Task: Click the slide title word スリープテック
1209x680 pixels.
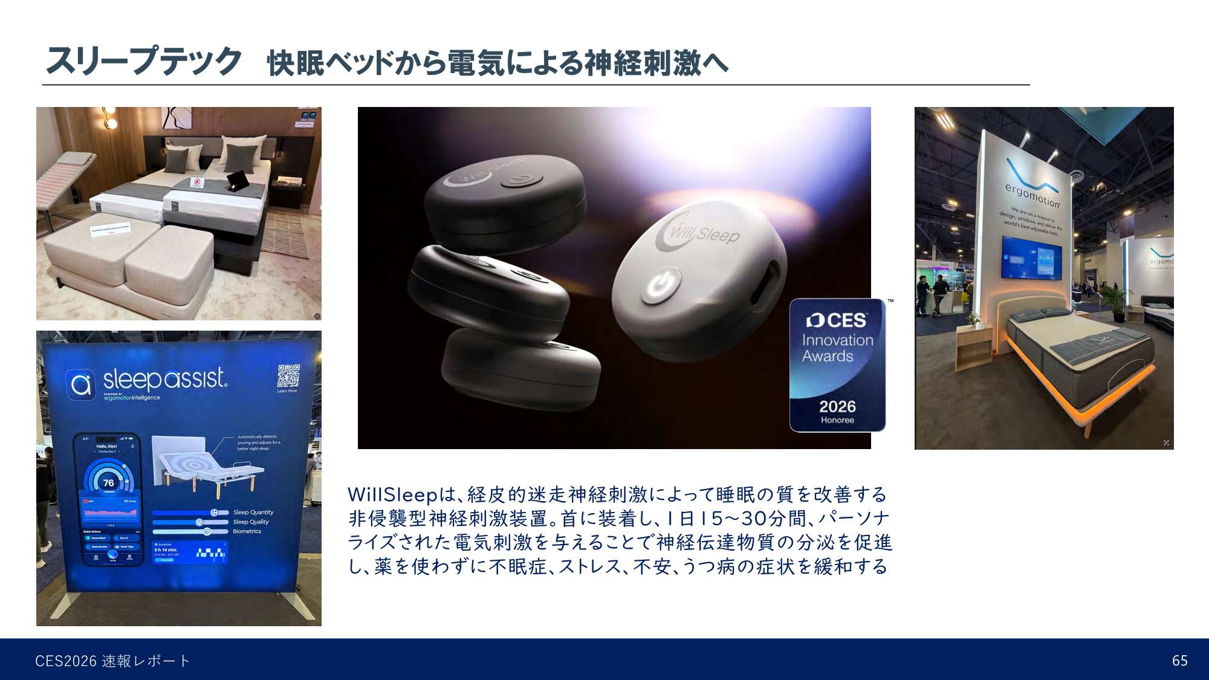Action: tap(144, 61)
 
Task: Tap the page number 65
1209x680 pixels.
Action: tap(1179, 661)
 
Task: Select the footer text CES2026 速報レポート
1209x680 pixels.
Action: tap(112, 661)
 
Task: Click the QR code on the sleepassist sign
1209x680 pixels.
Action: tap(288, 375)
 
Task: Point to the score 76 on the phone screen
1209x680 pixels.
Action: tap(109, 483)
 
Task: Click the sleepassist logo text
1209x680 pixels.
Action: tap(164, 379)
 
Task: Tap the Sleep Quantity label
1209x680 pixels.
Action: tap(253, 512)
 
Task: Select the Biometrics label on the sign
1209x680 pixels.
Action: tap(247, 531)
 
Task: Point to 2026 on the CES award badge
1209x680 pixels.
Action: tap(837, 406)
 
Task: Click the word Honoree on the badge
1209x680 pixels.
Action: tap(837, 420)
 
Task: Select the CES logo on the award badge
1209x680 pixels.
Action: tap(837, 320)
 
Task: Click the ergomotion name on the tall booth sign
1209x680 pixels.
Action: tap(1032, 195)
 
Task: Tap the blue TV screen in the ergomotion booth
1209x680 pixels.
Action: tap(1032, 257)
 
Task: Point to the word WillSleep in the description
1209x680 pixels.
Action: tap(392, 494)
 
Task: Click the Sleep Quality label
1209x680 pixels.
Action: tap(251, 522)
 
